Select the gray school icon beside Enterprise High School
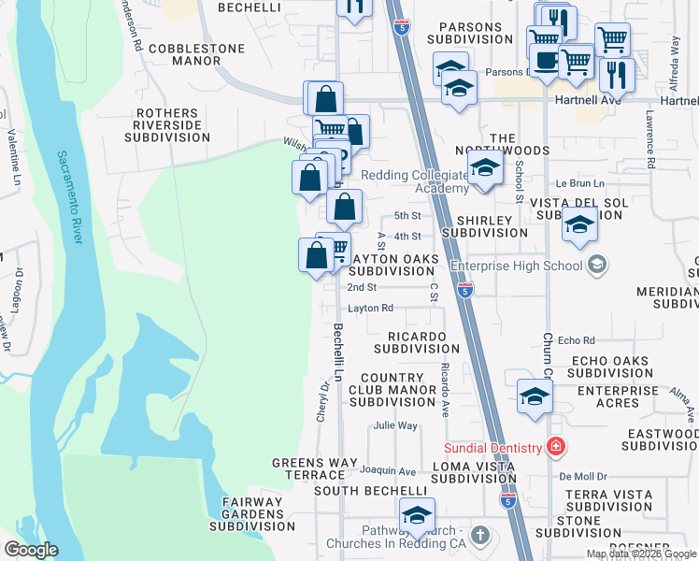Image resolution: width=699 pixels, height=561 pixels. coord(595,266)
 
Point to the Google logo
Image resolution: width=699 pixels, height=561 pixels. coord(31,550)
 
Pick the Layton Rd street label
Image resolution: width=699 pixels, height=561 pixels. coord(370,308)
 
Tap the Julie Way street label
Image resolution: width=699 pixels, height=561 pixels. coord(394,425)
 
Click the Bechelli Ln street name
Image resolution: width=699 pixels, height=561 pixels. coord(337,347)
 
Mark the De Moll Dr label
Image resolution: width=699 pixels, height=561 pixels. coord(583,476)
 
